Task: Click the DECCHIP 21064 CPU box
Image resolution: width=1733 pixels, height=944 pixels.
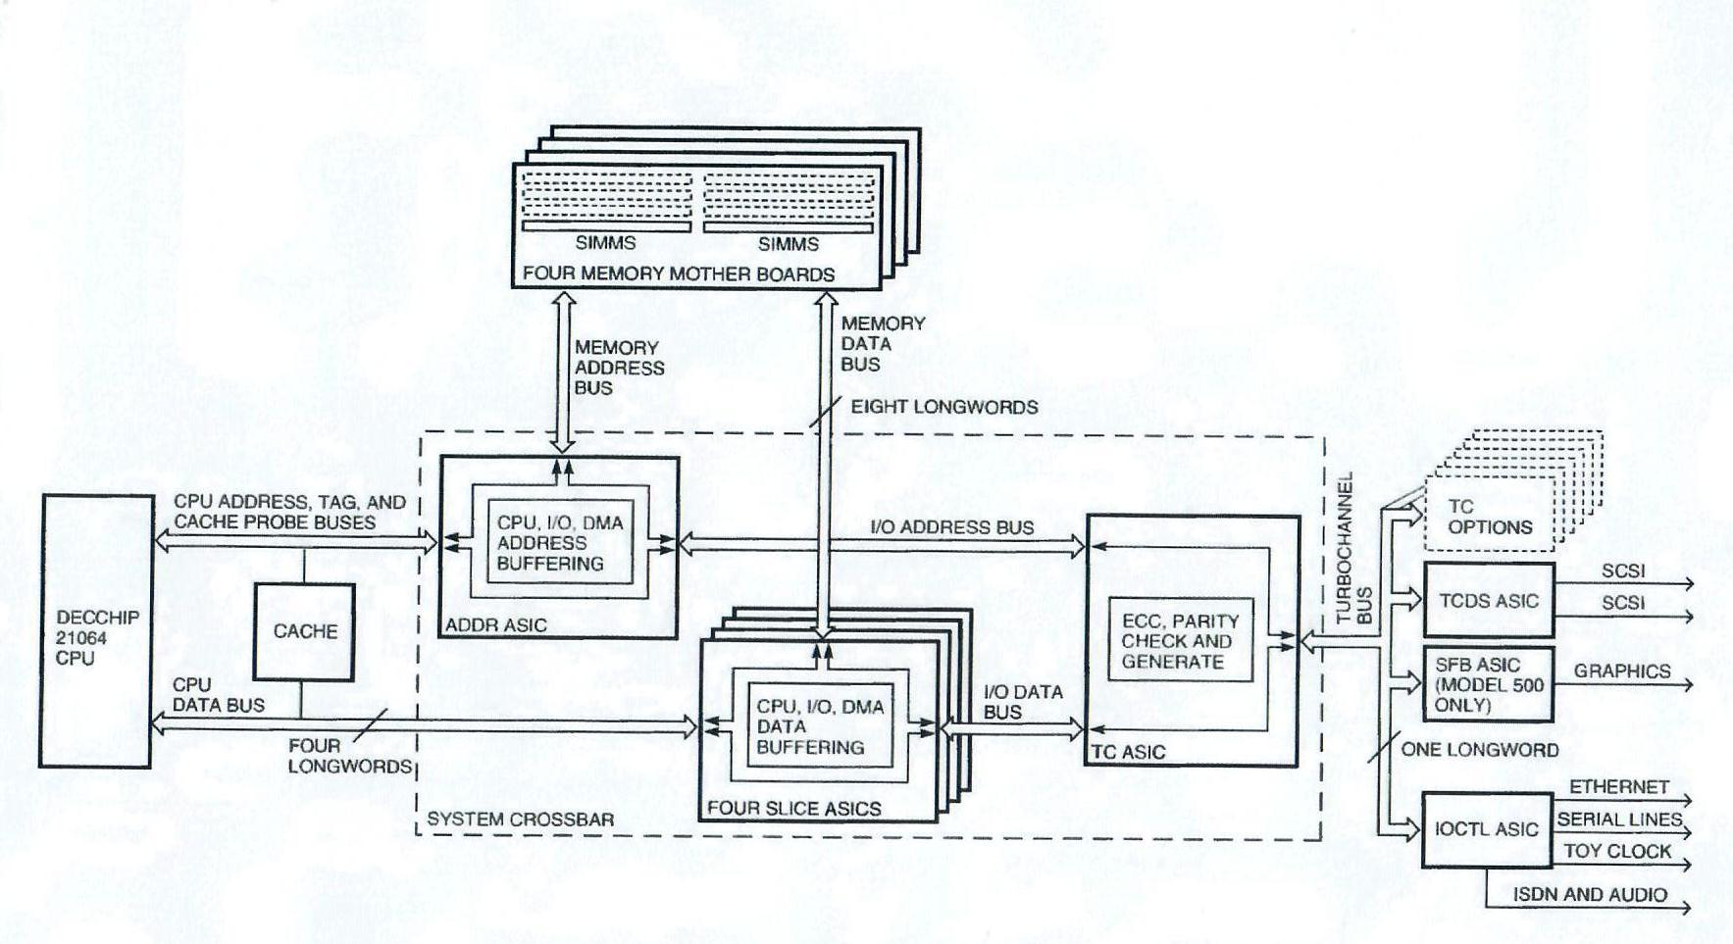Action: (96, 632)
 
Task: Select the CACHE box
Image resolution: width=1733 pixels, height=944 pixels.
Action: (304, 631)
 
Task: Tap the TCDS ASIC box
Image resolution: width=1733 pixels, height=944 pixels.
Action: (1488, 601)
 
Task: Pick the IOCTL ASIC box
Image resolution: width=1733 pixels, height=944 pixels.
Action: (1485, 829)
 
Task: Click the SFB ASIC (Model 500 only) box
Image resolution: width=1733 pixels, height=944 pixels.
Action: (1488, 684)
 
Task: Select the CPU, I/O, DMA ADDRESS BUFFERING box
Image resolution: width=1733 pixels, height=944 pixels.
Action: (559, 543)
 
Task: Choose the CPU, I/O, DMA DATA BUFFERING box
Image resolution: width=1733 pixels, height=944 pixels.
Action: (820, 726)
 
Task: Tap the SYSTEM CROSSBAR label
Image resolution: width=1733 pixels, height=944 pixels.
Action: (520, 820)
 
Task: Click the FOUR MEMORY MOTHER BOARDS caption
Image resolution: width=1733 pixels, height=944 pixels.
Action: (678, 274)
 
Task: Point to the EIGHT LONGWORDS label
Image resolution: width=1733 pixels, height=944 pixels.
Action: (943, 407)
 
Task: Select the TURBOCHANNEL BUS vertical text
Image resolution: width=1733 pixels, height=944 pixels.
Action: (1354, 549)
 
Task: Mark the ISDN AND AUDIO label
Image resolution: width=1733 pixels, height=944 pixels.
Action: (1589, 894)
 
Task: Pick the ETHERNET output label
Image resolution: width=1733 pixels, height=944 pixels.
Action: (1618, 787)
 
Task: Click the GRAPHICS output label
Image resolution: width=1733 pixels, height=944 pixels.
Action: (1621, 671)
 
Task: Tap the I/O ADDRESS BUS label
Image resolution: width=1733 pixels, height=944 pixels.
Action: (951, 527)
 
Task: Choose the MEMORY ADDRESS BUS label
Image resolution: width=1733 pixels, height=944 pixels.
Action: (619, 368)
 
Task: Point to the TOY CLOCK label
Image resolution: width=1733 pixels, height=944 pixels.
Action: (1616, 851)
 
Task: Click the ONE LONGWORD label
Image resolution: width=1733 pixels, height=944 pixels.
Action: (1479, 750)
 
